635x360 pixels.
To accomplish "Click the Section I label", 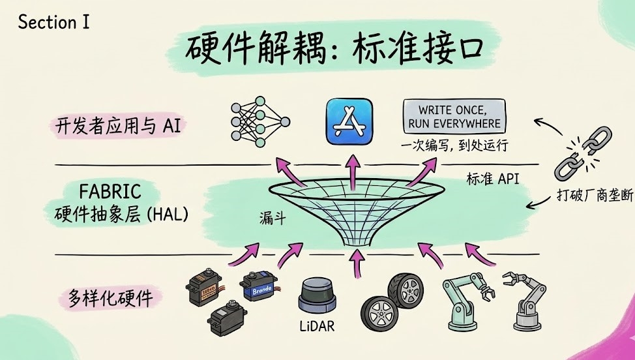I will click(53, 22).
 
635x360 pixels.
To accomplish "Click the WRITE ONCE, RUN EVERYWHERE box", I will click(454, 115).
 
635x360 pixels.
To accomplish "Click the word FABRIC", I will click(110, 192).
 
